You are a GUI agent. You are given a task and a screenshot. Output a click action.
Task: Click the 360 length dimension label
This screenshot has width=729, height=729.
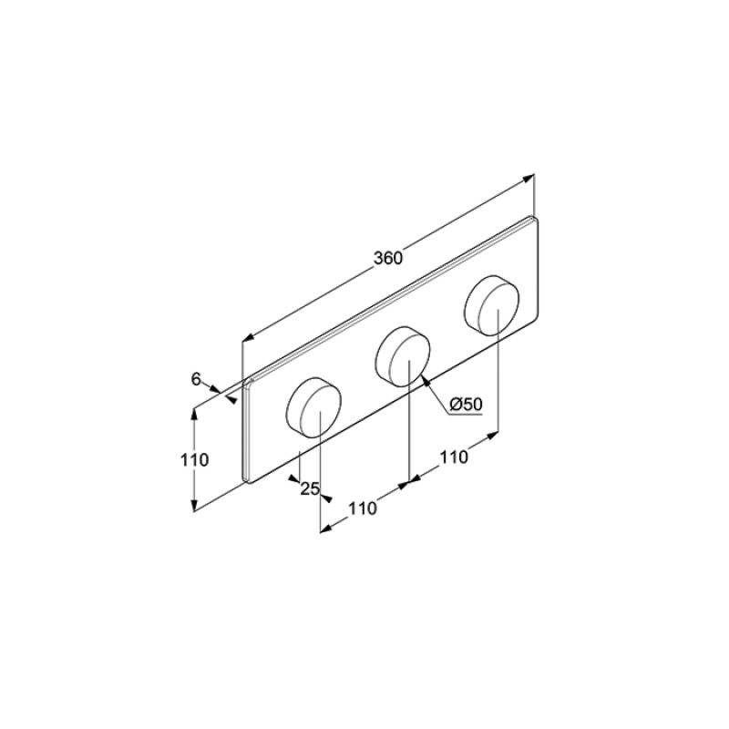[x=388, y=258]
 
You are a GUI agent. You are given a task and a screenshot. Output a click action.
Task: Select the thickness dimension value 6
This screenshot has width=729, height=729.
[x=196, y=379]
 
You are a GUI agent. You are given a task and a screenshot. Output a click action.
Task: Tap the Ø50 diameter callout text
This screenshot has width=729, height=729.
[x=467, y=405]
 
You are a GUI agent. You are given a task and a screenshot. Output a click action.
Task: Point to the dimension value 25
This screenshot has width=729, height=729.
[x=310, y=488]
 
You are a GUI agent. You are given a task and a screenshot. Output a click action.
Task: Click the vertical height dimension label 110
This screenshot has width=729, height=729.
[x=194, y=460]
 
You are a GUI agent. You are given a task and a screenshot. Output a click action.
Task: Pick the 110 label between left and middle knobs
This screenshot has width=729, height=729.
[x=363, y=508]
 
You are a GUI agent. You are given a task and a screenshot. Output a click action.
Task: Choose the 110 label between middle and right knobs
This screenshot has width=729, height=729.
[x=454, y=457]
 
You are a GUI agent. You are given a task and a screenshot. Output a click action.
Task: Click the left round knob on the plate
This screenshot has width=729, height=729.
[x=313, y=407]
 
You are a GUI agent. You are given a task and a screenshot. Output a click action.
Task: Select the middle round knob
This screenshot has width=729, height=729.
[x=403, y=356]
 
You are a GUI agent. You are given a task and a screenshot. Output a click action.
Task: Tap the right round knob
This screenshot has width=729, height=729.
[x=492, y=305]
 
